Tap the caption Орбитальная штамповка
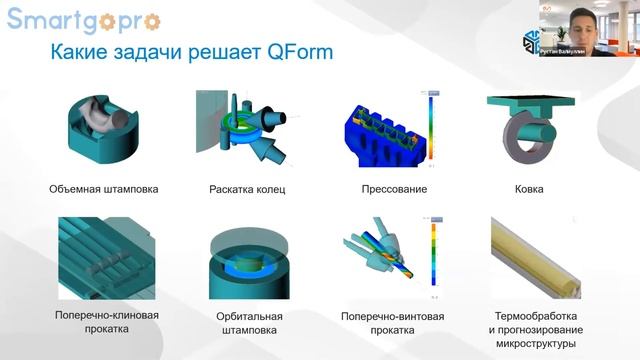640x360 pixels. pyautogui.click(x=248, y=323)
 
